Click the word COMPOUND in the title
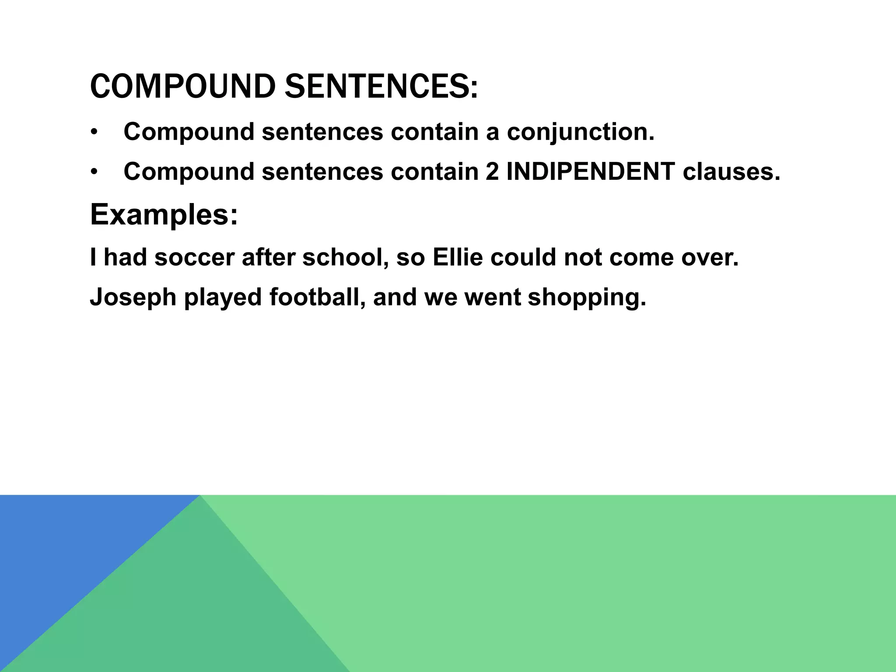click(182, 86)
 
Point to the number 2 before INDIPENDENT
click(492, 171)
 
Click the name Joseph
click(133, 297)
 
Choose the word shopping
click(587, 297)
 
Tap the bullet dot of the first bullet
click(94, 133)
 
